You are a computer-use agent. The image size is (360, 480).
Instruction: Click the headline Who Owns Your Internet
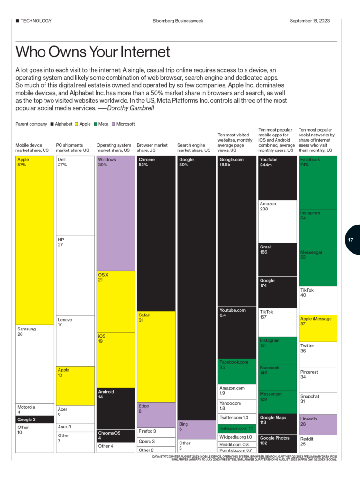(93, 52)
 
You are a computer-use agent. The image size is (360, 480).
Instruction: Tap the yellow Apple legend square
(76, 124)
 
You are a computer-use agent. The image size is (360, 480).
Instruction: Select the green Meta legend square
(95, 124)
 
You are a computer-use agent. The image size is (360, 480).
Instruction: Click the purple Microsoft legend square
(112, 124)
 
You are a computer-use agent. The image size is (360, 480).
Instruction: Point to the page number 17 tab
(352, 240)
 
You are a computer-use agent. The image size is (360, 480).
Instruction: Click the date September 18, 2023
(309, 21)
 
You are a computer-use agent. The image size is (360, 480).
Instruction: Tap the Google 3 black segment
(35, 420)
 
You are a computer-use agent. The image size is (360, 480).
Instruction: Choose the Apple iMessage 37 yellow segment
(318, 328)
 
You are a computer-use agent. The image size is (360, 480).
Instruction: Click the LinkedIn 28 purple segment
(318, 424)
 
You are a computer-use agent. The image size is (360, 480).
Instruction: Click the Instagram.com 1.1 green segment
(237, 428)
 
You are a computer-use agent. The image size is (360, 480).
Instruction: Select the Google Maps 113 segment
(277, 424)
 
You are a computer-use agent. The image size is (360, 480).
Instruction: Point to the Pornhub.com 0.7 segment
(237, 450)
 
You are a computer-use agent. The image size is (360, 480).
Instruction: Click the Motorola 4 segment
(35, 410)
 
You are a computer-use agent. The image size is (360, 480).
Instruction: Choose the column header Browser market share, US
(152, 148)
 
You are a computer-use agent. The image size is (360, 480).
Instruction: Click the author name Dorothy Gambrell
(130, 108)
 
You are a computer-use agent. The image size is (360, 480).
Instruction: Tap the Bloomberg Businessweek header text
(178, 21)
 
